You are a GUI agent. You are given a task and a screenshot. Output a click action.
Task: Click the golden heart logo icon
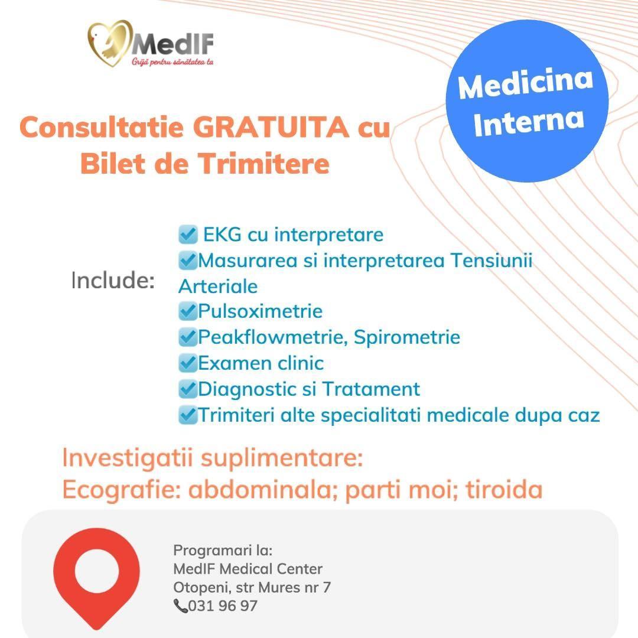coord(110,43)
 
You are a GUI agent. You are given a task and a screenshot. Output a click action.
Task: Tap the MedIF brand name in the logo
coord(172,43)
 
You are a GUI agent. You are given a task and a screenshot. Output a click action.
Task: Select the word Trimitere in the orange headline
coord(263,164)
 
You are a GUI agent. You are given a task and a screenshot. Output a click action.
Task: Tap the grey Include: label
coord(113,281)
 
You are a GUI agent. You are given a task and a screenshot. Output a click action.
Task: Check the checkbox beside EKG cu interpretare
coord(188,235)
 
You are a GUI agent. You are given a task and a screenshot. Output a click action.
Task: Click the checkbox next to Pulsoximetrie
coord(188,311)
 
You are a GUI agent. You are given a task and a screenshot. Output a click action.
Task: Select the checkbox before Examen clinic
coord(188,363)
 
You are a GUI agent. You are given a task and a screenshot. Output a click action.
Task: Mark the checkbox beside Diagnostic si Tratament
coord(188,389)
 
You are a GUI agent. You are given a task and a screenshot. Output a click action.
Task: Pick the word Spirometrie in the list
coord(407,338)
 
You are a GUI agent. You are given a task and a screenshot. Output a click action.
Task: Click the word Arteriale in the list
coord(218,287)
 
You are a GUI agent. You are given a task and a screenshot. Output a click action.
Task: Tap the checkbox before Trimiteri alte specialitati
coord(188,415)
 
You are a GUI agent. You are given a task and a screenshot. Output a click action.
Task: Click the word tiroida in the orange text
coord(504,489)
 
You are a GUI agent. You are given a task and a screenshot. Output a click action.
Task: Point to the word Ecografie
coord(122,490)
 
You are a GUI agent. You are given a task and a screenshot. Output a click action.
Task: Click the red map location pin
coord(96,578)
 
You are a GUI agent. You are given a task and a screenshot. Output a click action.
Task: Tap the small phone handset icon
coord(180,606)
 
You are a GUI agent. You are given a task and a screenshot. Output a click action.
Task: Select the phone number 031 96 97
coord(223,606)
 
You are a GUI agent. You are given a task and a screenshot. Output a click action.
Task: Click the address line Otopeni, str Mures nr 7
coord(252,588)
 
